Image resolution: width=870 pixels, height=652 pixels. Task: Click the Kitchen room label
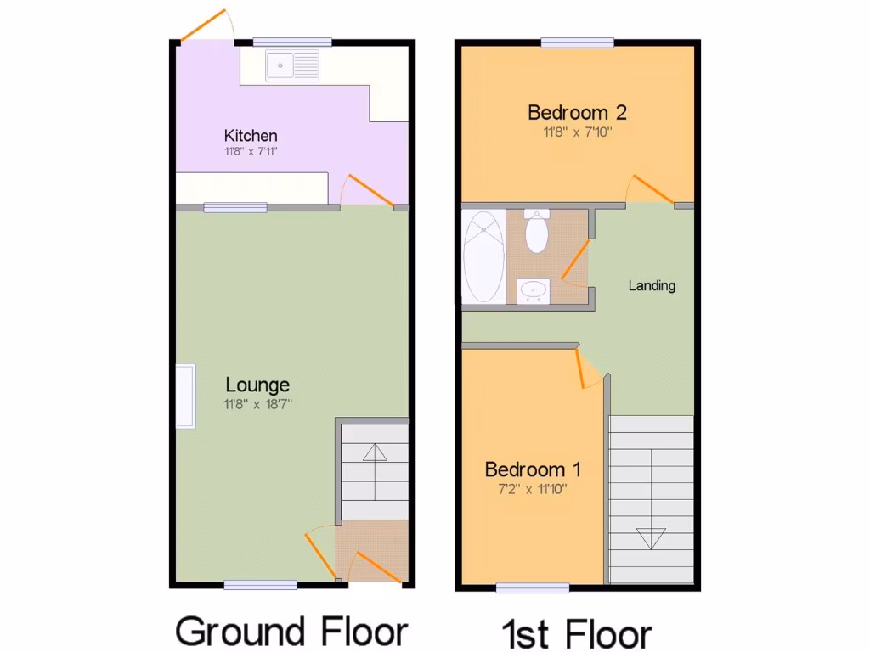click(x=251, y=136)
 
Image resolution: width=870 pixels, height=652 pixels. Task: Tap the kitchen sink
click(x=291, y=66)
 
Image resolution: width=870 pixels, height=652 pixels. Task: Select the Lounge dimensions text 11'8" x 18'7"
click(x=257, y=405)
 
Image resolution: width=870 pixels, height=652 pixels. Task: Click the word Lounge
click(x=257, y=385)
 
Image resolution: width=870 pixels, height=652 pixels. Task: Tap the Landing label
click(x=652, y=285)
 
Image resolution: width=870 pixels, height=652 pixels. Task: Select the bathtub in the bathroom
click(x=484, y=256)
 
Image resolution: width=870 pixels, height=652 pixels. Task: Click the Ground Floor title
click(x=291, y=632)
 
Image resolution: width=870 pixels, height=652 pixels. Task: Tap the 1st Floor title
click(x=577, y=634)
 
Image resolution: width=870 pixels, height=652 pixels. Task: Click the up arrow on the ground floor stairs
click(x=374, y=452)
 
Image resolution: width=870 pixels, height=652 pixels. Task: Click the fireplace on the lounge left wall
click(x=185, y=396)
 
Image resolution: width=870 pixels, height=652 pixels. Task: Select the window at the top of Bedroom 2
click(x=578, y=42)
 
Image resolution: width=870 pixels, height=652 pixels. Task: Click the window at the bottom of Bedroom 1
click(x=533, y=587)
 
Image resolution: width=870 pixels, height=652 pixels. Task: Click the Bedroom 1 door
click(x=586, y=369)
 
